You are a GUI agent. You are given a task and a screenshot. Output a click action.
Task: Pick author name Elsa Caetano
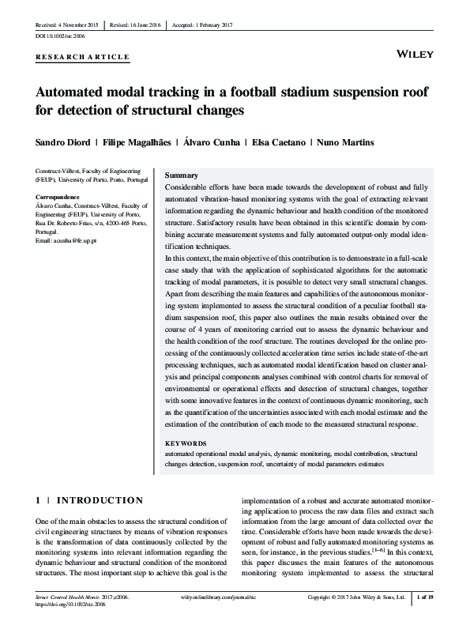[x=278, y=142]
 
